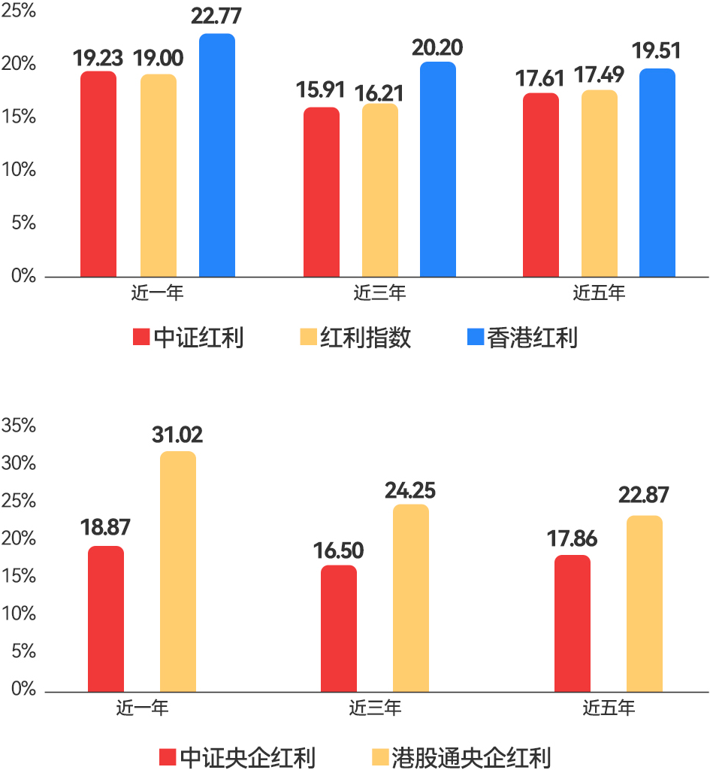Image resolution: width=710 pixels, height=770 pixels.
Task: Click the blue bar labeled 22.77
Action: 217,155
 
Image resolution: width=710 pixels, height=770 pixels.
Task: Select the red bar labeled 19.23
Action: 98,174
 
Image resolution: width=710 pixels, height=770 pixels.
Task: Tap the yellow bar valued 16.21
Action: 380,190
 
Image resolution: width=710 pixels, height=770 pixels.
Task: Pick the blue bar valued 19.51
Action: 657,173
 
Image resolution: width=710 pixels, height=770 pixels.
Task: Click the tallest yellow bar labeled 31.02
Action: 178,571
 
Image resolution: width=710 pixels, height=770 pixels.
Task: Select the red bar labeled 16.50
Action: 339,629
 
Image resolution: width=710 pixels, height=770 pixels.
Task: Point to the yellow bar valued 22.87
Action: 645,604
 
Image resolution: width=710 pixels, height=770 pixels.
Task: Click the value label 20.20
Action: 437,48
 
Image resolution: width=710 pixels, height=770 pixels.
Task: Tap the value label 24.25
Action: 410,491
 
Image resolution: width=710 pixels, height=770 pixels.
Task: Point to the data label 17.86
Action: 572,541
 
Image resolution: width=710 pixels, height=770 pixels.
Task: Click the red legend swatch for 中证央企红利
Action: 167,757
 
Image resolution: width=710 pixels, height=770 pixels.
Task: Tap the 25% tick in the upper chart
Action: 18,11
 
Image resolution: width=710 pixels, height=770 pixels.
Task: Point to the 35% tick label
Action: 20,426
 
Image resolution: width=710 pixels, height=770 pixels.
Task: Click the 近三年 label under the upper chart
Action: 379,293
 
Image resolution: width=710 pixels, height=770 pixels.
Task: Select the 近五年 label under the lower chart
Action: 609,708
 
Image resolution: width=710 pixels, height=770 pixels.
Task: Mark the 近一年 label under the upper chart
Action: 157,293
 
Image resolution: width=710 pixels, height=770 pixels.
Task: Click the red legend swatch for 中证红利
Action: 141,338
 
